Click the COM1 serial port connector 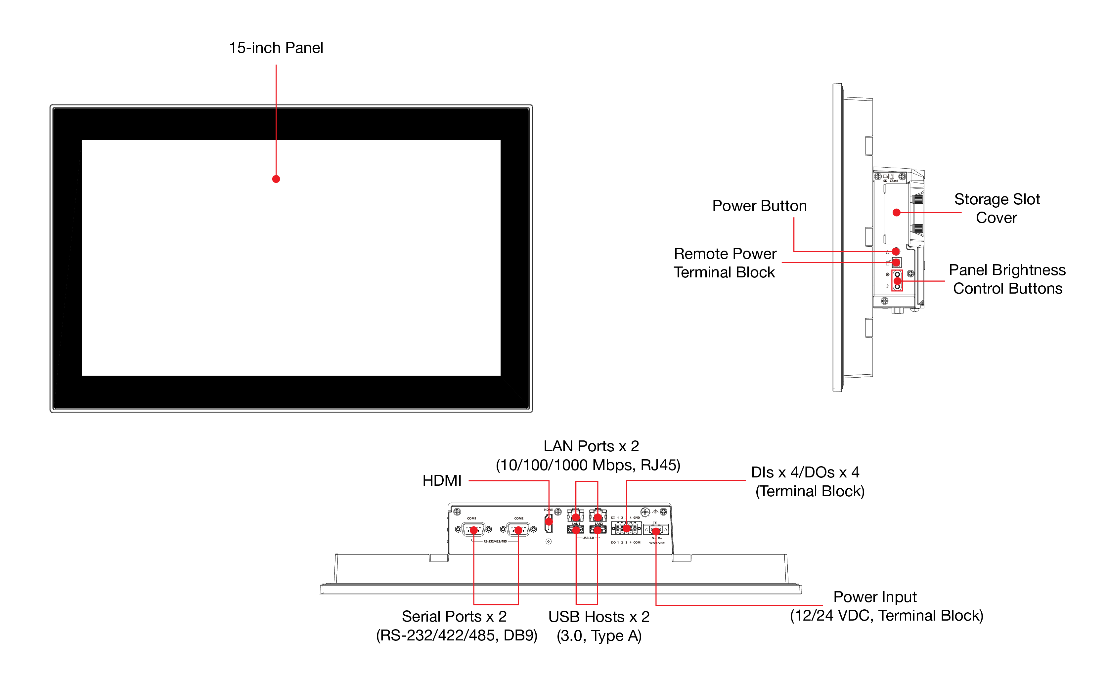(x=473, y=530)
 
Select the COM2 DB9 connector (x=518, y=530)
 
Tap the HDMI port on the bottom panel (x=548, y=522)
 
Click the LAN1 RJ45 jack (x=575, y=516)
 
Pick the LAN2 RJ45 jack (x=598, y=516)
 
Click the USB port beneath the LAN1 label (x=575, y=530)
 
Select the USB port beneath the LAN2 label (x=598, y=530)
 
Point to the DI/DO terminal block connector (x=626, y=529)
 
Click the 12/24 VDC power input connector (x=656, y=530)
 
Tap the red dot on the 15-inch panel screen (x=276, y=179)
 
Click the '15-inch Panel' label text (x=276, y=48)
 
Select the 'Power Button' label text (x=759, y=206)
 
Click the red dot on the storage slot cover (x=896, y=213)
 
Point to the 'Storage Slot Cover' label (x=997, y=208)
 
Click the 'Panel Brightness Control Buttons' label (x=1007, y=279)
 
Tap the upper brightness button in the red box (x=897, y=274)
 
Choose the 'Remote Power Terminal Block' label (x=725, y=263)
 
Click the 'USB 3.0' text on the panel (x=588, y=538)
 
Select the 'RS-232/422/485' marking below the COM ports (x=495, y=542)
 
